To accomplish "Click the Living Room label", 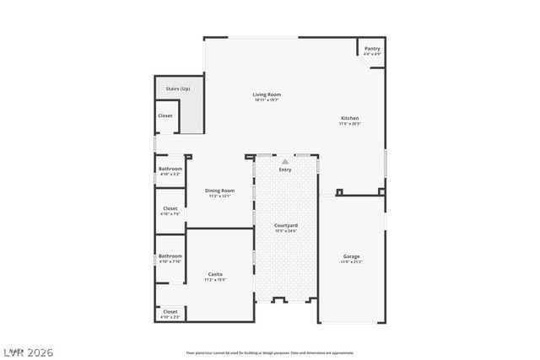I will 267,94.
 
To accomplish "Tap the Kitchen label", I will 350,118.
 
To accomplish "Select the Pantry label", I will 372,49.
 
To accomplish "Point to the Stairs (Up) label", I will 177,88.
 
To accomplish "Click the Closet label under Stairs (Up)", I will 165,116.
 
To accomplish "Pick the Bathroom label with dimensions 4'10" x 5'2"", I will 170,169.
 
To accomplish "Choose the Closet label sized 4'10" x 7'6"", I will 170,208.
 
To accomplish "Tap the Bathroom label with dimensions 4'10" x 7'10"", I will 170,255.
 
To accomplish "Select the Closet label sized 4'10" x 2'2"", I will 170,311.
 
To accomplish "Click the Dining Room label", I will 219,191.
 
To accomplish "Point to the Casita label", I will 215,274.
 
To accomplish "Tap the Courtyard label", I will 286,225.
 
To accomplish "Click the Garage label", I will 351,255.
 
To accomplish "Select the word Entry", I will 286,169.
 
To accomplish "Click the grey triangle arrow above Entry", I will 286,160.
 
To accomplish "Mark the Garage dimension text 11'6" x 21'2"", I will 351,261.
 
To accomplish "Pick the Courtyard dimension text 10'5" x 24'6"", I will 286,231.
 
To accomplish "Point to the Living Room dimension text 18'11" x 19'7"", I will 267,99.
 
